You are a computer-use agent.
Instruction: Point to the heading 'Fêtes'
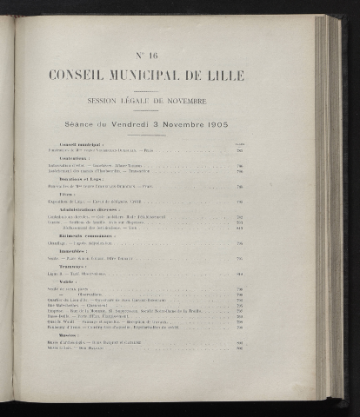[67, 194]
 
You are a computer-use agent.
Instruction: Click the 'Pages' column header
[240, 142]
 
